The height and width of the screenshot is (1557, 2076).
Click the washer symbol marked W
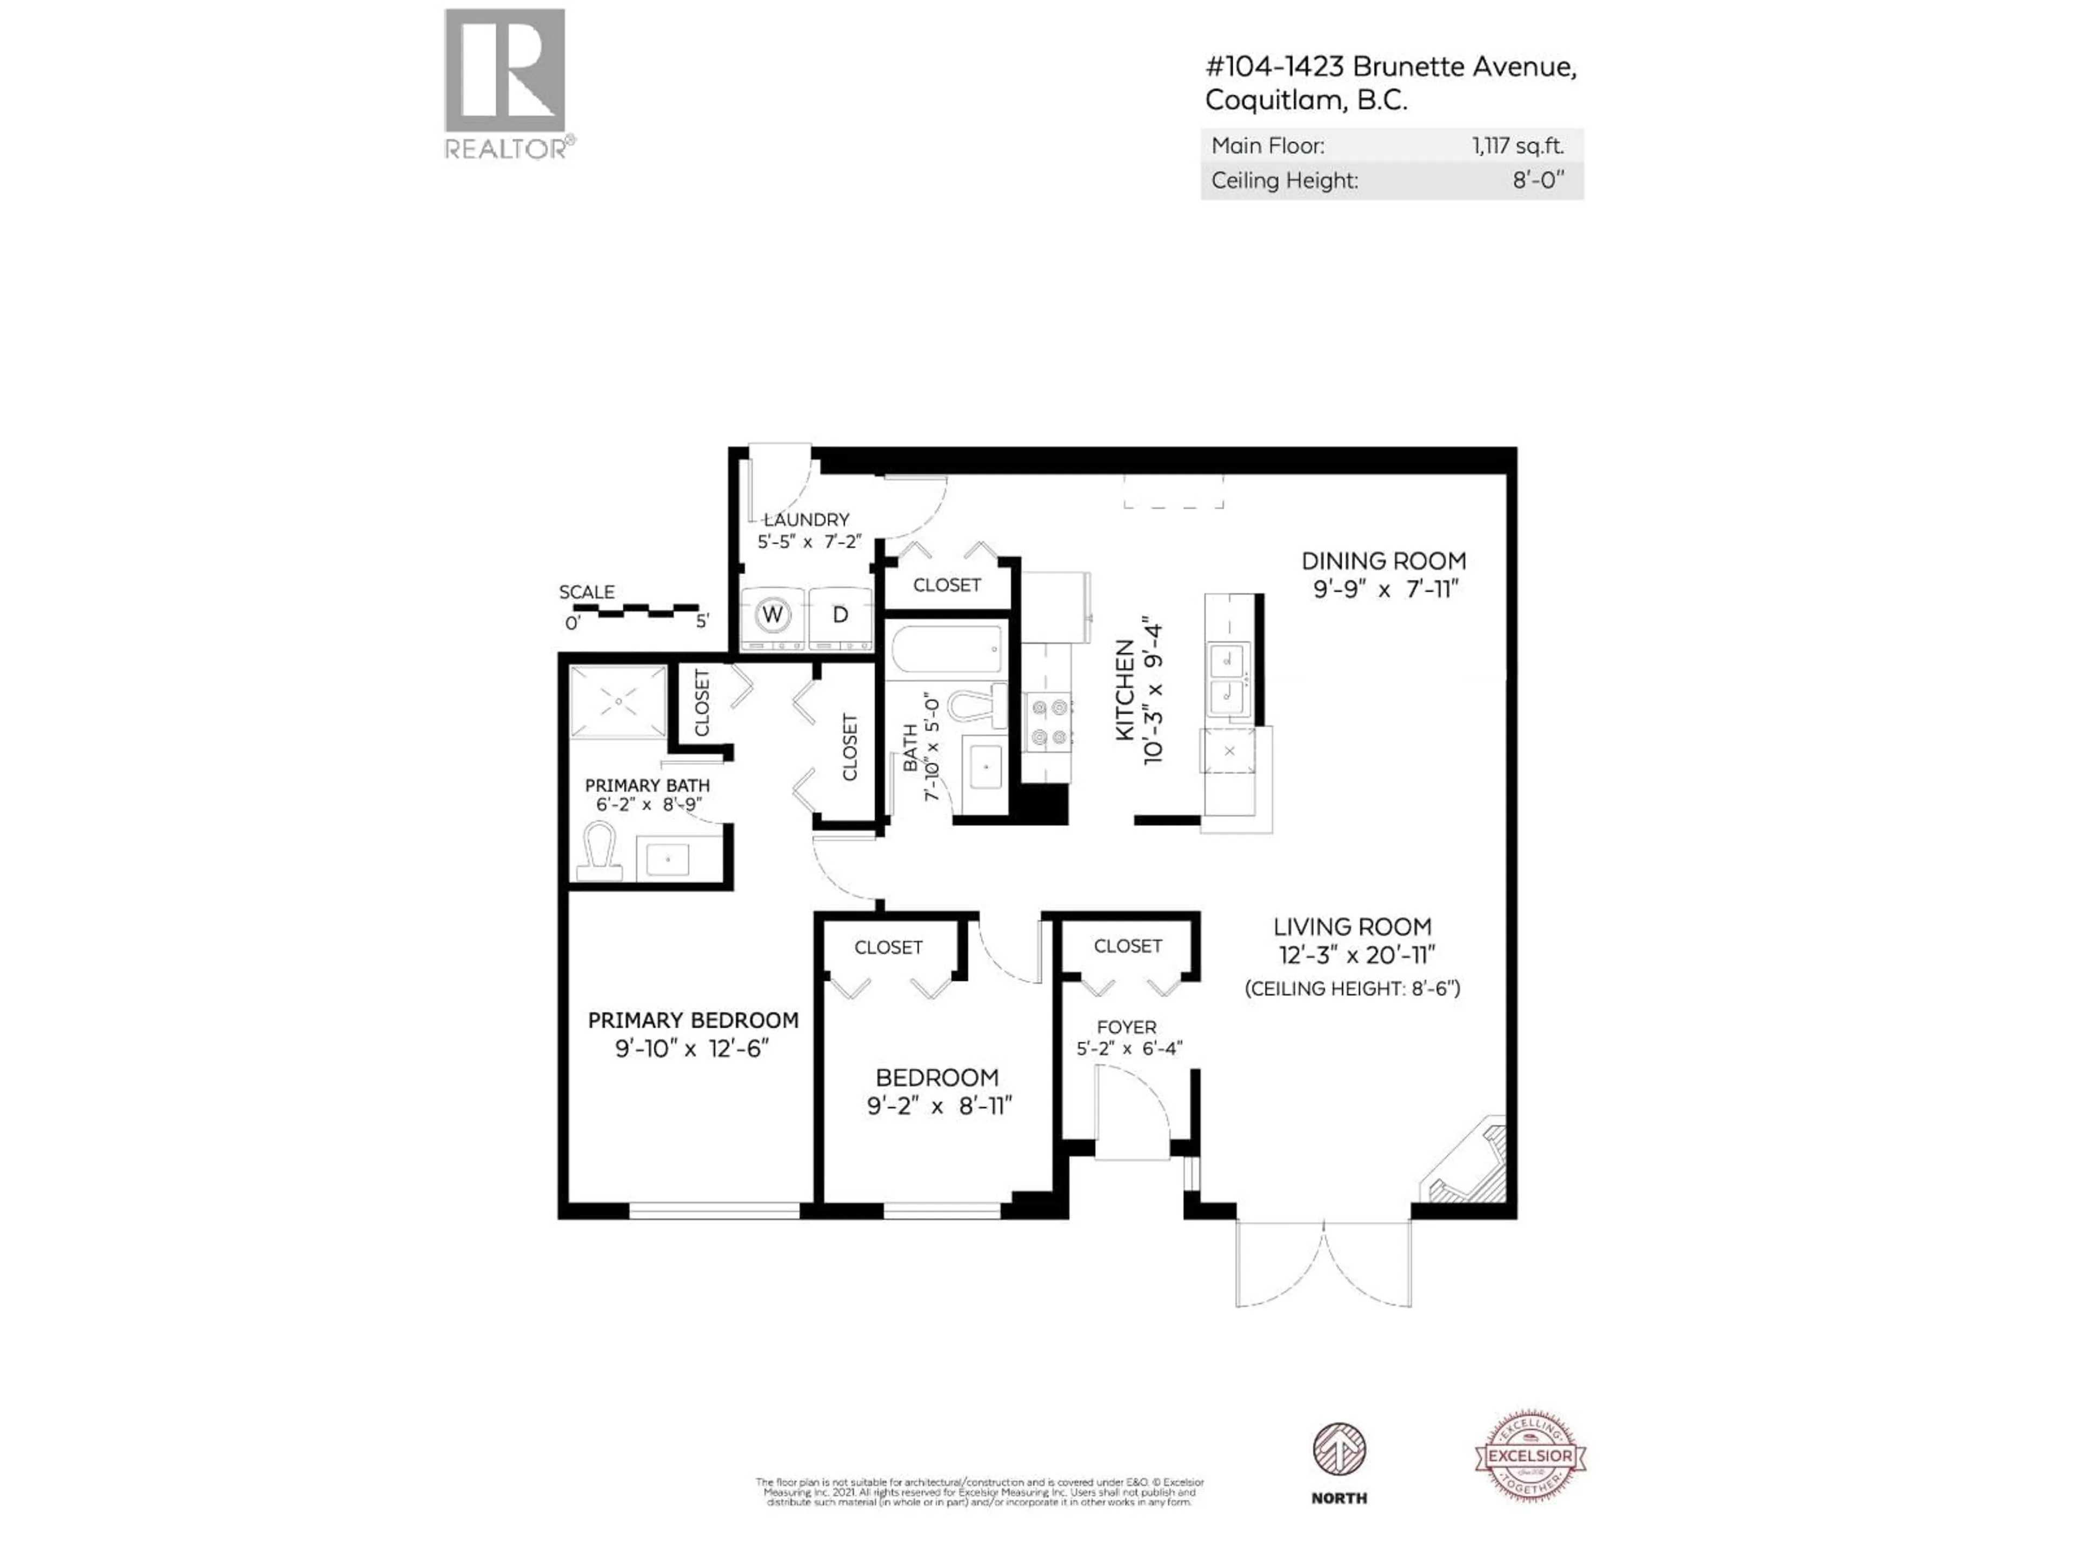[773, 616]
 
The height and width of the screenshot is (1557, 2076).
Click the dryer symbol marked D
[841, 616]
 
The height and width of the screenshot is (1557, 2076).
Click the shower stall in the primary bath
[618, 701]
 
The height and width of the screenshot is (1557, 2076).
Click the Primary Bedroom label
[693, 1020]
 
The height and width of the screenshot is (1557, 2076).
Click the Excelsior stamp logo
[1530, 1456]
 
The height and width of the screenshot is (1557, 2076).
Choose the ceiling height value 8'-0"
[1538, 180]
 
